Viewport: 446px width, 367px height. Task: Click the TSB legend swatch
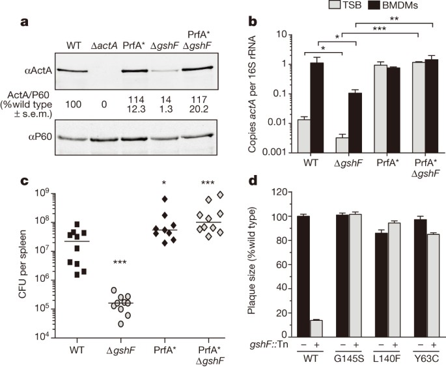tap(335, 5)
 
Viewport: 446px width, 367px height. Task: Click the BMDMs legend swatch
tap(374, 5)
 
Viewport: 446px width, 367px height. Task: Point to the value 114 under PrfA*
tap(137, 100)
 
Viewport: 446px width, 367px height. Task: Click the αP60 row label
tap(40, 137)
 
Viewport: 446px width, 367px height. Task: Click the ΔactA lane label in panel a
tap(104, 45)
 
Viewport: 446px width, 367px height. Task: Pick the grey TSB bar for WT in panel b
tap(304, 136)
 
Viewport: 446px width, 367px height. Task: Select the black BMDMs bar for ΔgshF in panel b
tap(355, 123)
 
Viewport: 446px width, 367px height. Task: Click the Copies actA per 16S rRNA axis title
tap(252, 94)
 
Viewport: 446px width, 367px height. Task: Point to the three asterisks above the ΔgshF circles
tap(120, 262)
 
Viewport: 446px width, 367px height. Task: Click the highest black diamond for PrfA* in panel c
tap(165, 199)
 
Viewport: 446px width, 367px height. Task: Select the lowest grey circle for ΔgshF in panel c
tap(121, 323)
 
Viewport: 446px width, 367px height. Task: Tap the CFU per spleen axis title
tap(23, 264)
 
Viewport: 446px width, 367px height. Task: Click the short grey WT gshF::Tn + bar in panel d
tap(316, 329)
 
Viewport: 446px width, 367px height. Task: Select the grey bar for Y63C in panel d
tap(433, 286)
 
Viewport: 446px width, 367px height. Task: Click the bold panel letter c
tap(25, 181)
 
